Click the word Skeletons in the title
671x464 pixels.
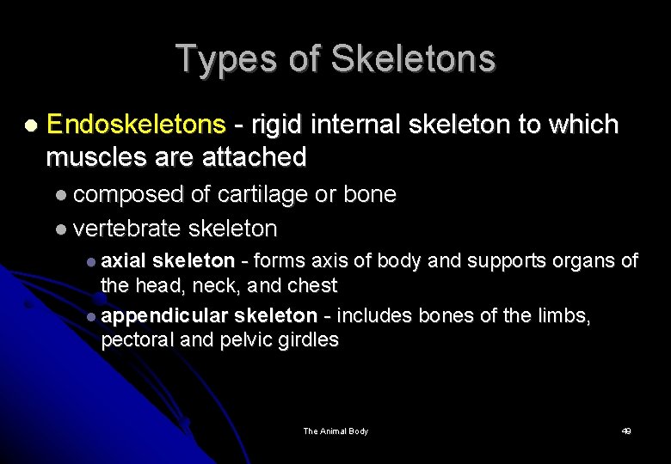click(413, 59)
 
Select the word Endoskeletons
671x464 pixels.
click(136, 125)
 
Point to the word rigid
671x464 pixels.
click(275, 125)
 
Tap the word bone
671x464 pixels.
click(369, 195)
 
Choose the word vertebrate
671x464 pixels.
click(127, 229)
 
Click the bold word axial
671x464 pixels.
click(124, 260)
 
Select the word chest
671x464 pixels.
click(311, 285)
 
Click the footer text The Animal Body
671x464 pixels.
click(335, 430)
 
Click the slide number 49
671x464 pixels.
click(626, 430)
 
